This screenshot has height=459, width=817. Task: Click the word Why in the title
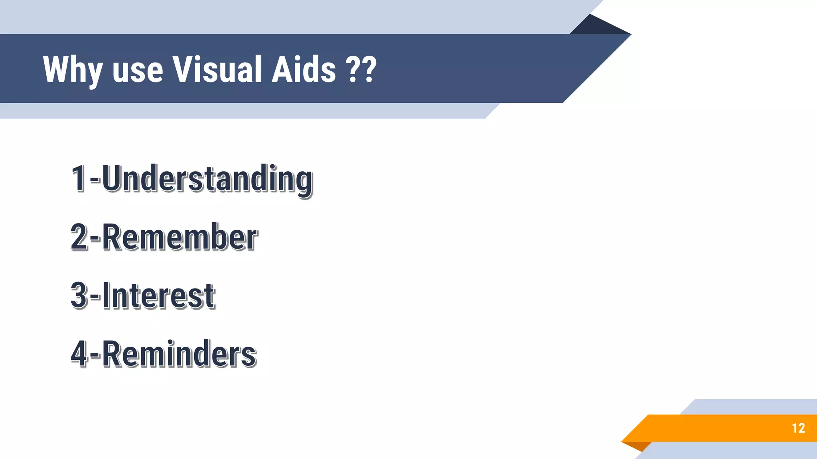tap(72, 70)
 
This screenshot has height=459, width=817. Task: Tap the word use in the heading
tap(138, 71)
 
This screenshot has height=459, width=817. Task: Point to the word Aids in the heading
tap(304, 70)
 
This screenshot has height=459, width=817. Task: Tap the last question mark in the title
tap(369, 70)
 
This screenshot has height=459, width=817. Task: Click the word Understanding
tap(207, 179)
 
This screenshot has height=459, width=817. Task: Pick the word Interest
tap(158, 296)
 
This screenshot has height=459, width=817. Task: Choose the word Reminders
tap(179, 354)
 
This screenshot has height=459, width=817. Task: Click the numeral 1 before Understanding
tap(79, 178)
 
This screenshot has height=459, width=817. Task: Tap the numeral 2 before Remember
tap(79, 237)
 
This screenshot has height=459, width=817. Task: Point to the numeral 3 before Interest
tap(79, 295)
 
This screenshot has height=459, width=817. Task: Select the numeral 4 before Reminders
tap(79, 354)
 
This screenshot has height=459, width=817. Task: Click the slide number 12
tap(798, 428)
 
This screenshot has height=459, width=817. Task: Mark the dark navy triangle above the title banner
tap(598, 26)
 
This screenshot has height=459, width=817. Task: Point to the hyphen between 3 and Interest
tap(95, 297)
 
